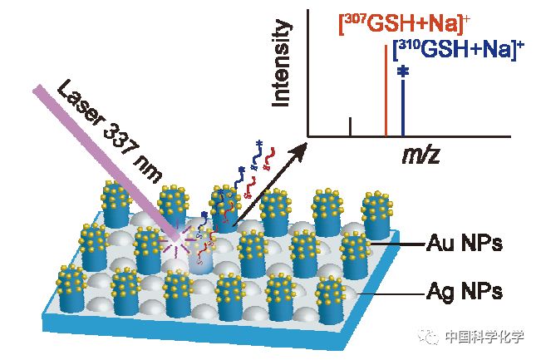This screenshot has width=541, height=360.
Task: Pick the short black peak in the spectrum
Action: point(351,126)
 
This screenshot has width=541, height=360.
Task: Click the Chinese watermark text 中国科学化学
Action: point(484,337)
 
